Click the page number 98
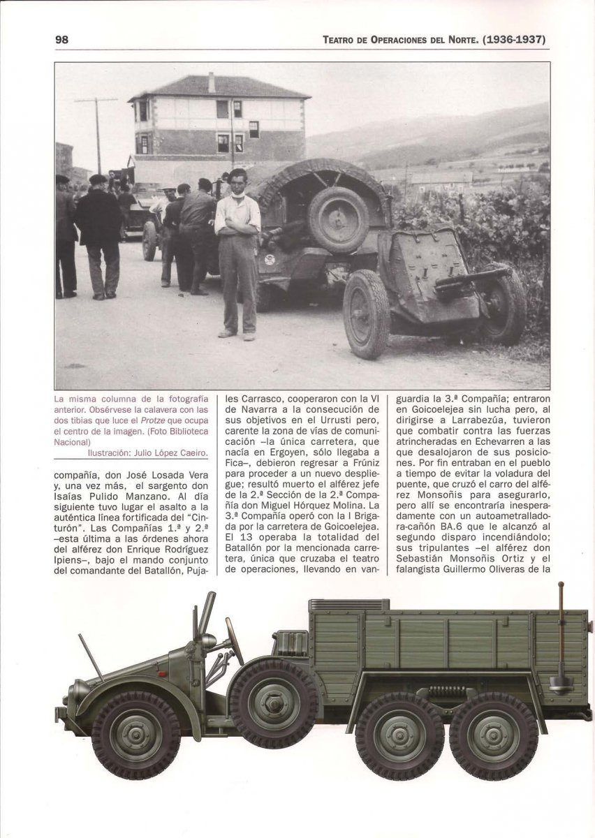click(61, 39)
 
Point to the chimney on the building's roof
click(211, 82)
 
